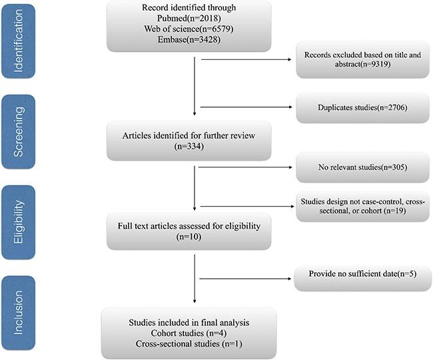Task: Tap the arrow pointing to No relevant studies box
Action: pyautogui.click(x=246, y=167)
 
